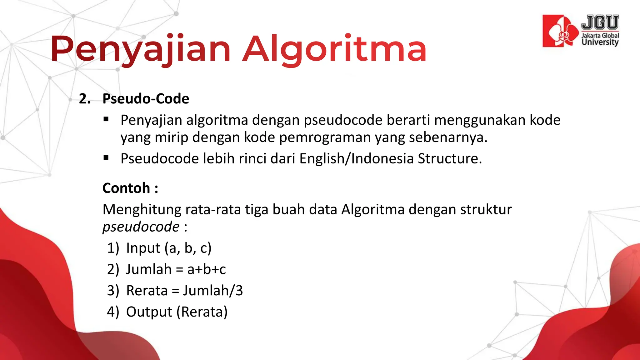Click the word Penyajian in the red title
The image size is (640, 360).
tap(141, 49)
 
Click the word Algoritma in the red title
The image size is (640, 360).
tap(334, 49)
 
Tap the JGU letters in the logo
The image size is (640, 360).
tap(600, 22)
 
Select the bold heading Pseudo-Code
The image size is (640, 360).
tap(146, 99)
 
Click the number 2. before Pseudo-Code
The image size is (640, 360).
tap(85, 99)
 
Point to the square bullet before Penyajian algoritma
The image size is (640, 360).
tap(106, 119)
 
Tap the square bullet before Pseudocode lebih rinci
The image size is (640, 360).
tap(106, 158)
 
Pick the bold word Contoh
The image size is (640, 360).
tap(126, 188)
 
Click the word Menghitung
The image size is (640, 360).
tap(142, 209)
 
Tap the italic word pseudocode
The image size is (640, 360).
tap(141, 227)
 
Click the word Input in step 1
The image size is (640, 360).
tap(143, 248)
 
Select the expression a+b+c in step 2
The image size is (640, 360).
tap(206, 269)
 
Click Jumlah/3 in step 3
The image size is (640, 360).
tap(213, 291)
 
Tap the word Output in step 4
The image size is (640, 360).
tap(149, 312)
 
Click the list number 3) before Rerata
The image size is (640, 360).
tap(113, 291)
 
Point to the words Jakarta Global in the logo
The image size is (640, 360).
tap(600, 36)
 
